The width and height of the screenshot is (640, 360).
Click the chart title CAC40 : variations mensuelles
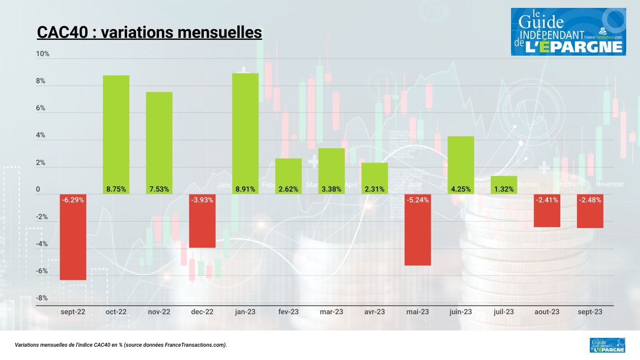(149, 33)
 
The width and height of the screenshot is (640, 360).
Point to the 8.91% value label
(246, 189)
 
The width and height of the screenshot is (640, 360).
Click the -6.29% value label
(73, 200)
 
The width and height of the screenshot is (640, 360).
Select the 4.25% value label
(461, 189)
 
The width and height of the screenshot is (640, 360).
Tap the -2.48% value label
(590, 200)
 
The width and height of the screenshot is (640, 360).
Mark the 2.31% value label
(375, 189)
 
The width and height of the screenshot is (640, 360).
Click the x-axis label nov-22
(159, 312)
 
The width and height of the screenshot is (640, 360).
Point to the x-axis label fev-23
(288, 312)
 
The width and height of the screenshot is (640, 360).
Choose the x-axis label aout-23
(547, 312)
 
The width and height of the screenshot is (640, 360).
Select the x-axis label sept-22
(73, 312)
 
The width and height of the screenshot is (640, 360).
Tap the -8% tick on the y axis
(42, 298)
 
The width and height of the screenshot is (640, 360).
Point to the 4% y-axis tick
(41, 135)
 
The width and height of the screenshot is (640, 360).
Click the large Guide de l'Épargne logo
(568, 32)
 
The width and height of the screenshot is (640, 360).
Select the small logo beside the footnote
(607, 345)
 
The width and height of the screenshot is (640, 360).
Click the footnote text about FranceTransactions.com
(121, 345)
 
